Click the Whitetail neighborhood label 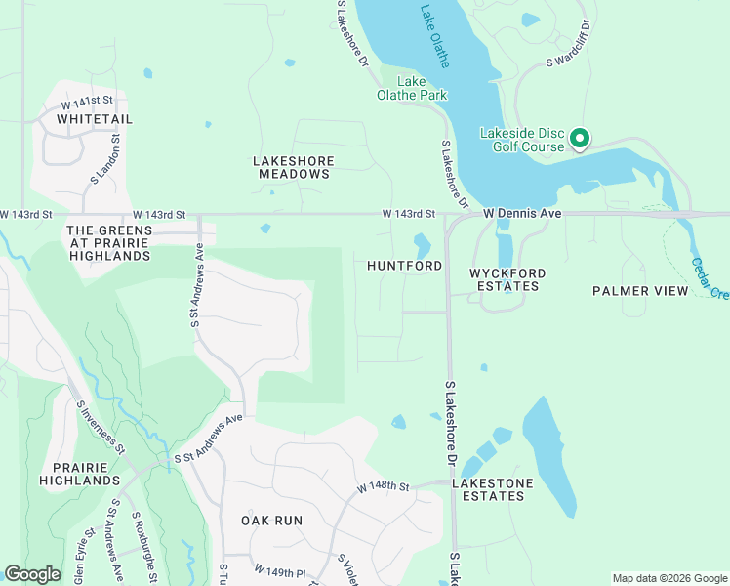95,119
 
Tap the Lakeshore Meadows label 293,167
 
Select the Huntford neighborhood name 404,266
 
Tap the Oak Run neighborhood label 271,521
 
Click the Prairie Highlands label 80,474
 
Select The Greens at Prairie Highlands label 108,243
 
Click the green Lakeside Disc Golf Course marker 579,139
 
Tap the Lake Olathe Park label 413,88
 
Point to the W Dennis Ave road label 522,213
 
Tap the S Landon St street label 108,160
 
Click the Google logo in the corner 32,574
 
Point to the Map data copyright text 669,578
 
